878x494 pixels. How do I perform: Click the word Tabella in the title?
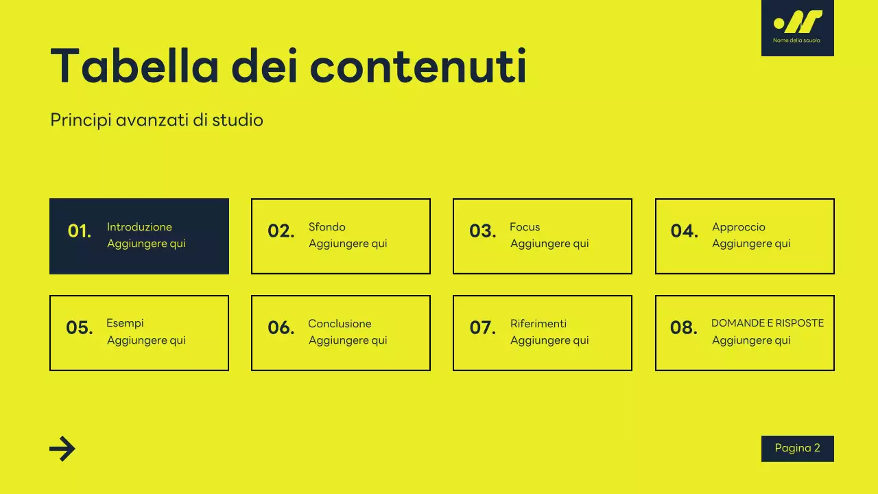pos(134,67)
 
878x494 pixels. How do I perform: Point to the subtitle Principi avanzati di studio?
pos(156,120)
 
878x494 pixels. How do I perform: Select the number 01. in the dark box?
pos(80,231)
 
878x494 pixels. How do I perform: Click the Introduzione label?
pos(139,227)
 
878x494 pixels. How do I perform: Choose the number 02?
pos(281,231)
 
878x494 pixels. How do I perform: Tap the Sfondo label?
pos(327,227)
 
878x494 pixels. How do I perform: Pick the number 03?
pos(483,231)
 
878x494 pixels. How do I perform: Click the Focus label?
pos(525,227)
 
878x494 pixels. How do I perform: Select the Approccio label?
pos(738,227)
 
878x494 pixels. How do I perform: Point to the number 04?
pos(685,231)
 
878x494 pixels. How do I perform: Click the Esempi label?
pos(125,323)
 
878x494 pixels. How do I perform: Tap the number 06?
pos(281,328)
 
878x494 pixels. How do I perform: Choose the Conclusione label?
pos(340,324)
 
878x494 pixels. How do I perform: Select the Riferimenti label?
pos(538,324)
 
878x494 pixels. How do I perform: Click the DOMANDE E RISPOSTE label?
pos(768,323)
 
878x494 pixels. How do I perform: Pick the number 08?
pos(684,328)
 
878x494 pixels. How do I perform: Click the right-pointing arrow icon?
pos(62,449)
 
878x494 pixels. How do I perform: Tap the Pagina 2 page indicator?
pos(798,448)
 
